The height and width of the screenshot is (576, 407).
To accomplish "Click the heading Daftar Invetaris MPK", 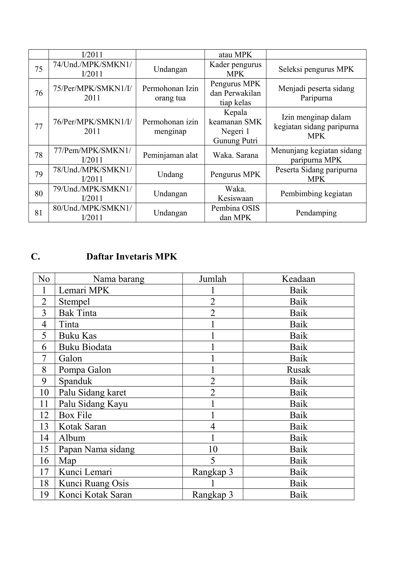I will [132, 257].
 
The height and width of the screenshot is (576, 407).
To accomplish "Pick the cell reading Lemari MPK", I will [84, 290].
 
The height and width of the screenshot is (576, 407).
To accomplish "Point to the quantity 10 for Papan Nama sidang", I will [213, 449].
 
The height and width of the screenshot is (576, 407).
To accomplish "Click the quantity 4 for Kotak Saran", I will [213, 427].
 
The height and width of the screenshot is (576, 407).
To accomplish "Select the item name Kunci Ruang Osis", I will [94, 483].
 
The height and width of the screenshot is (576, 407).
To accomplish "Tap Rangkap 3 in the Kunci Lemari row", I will [213, 472].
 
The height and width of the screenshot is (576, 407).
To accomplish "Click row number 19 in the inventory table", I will [44, 495].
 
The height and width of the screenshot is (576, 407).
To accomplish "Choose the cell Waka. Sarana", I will [235, 155].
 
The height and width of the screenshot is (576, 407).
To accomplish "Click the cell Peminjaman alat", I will [170, 155].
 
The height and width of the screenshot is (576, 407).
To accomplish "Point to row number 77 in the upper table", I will [39, 126].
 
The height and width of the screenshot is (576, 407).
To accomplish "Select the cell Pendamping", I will [316, 213].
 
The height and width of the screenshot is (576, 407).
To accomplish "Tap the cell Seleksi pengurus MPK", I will [316, 69].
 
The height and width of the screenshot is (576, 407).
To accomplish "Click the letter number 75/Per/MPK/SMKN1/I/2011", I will [92, 93].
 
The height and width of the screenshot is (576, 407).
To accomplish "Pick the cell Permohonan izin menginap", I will [170, 126].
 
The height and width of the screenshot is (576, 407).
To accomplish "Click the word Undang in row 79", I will [170, 174].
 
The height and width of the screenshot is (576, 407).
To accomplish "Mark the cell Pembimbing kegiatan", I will [316, 193].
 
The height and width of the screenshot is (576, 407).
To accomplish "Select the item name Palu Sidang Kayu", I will [93, 404].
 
